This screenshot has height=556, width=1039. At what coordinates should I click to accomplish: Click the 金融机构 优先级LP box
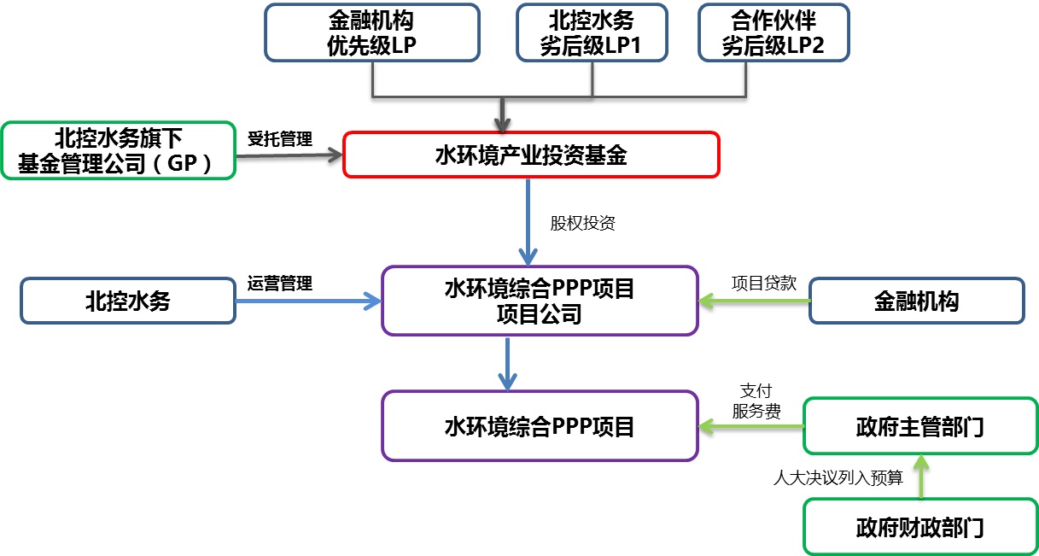tap(372, 32)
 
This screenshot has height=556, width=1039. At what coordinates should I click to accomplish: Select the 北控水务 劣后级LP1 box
tap(592, 32)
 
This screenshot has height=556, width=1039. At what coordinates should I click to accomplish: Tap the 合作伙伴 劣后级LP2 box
tap(773, 32)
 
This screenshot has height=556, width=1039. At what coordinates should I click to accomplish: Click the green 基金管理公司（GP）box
tap(118, 150)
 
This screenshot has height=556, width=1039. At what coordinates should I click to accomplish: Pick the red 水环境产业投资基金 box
tap(531, 155)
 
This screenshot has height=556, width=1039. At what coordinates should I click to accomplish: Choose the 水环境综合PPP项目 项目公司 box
tap(540, 300)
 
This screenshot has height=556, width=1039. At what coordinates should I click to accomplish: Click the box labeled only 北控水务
tap(128, 301)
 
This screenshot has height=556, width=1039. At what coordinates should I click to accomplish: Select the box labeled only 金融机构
tap(916, 301)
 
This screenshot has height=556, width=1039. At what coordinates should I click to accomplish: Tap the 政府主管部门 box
tap(920, 425)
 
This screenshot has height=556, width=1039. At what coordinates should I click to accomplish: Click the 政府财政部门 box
tap(920, 526)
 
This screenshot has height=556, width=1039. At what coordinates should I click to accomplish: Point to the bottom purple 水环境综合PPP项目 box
tap(540, 425)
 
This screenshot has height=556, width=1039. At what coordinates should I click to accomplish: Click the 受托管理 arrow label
tap(280, 138)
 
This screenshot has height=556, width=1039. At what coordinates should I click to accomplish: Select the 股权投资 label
tap(583, 224)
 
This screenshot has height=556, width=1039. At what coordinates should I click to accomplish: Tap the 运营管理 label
tap(280, 284)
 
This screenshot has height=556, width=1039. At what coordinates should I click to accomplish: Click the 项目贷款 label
tap(764, 284)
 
